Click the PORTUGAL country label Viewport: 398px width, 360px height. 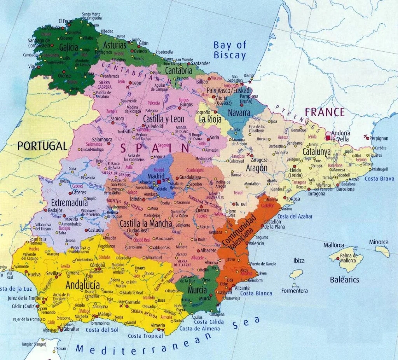click(x=42, y=146)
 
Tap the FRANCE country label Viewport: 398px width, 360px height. click(x=325, y=112)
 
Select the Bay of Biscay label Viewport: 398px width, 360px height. click(x=230, y=50)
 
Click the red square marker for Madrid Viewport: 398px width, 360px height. click(x=159, y=182)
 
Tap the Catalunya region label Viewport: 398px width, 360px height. click(x=317, y=152)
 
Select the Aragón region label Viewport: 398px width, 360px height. click(x=257, y=168)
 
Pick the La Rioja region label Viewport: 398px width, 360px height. click(x=210, y=119)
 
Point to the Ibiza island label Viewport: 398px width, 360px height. click(x=298, y=261)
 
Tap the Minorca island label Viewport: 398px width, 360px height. click(x=379, y=242)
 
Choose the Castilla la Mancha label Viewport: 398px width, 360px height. click(x=146, y=224)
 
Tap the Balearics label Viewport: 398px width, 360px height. click(x=344, y=280)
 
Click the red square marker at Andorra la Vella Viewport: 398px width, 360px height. click(x=328, y=138)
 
